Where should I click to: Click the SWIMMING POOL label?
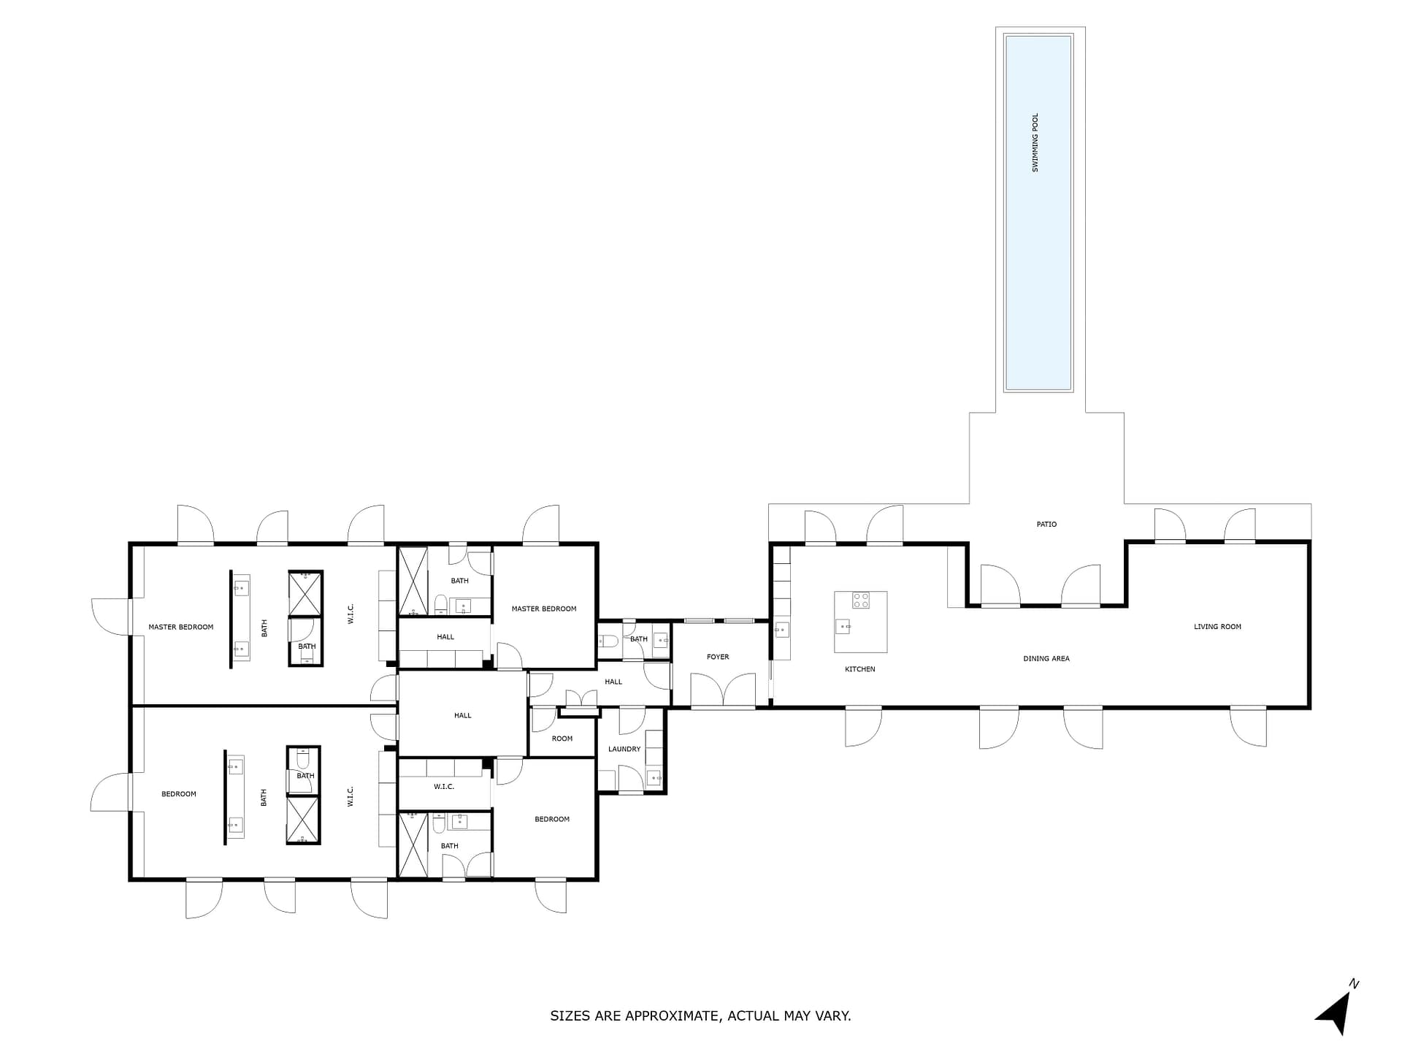pyautogui.click(x=1035, y=142)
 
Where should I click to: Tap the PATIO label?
pyautogui.click(x=1046, y=525)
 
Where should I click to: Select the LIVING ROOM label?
pyautogui.click(x=1217, y=627)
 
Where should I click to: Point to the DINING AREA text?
pyautogui.click(x=1046, y=659)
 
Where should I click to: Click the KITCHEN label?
pyautogui.click(x=860, y=669)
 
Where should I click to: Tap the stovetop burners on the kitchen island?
pyautogui.click(x=861, y=601)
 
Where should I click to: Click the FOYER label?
pyautogui.click(x=718, y=657)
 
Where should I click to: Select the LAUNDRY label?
pyautogui.click(x=624, y=749)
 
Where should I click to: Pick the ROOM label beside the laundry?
pyautogui.click(x=562, y=739)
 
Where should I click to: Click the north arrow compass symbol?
pyautogui.click(x=1336, y=1010)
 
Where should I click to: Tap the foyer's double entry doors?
pyautogui.click(x=723, y=691)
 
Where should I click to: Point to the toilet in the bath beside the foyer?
pyautogui.click(x=608, y=641)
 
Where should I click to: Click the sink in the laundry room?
pyautogui.click(x=654, y=777)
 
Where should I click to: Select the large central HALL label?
pyautogui.click(x=463, y=715)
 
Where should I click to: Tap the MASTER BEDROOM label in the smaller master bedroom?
pyautogui.click(x=544, y=609)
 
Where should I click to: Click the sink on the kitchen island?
pyautogui.click(x=843, y=626)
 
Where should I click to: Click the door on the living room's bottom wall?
pyautogui.click(x=1248, y=726)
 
